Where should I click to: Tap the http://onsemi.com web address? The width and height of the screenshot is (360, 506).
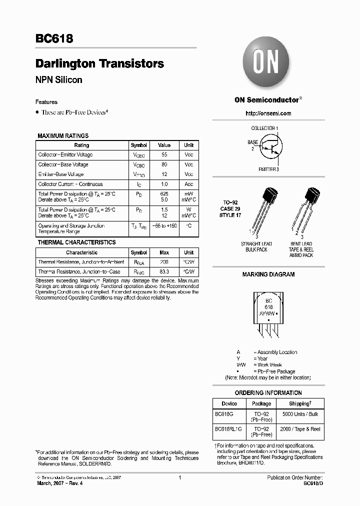coord(268,113)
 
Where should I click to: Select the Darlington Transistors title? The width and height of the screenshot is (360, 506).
coord(99,64)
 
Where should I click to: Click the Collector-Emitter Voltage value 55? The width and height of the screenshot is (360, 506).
coord(164,155)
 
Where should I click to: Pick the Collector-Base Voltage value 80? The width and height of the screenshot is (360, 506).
coord(164,164)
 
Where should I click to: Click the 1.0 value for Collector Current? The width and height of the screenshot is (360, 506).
coord(164,184)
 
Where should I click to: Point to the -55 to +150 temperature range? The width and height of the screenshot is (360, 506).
coord(164,226)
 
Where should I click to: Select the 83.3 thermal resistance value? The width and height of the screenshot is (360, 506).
coord(164,271)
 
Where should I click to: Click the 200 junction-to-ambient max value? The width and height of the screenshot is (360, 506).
coord(164,262)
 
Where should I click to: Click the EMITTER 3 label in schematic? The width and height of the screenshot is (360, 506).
coord(268,169)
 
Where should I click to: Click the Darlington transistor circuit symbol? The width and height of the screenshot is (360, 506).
coord(269,148)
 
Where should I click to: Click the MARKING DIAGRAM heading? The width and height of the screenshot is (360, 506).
coord(268,274)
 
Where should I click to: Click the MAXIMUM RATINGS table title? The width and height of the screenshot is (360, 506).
coord(63,136)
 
